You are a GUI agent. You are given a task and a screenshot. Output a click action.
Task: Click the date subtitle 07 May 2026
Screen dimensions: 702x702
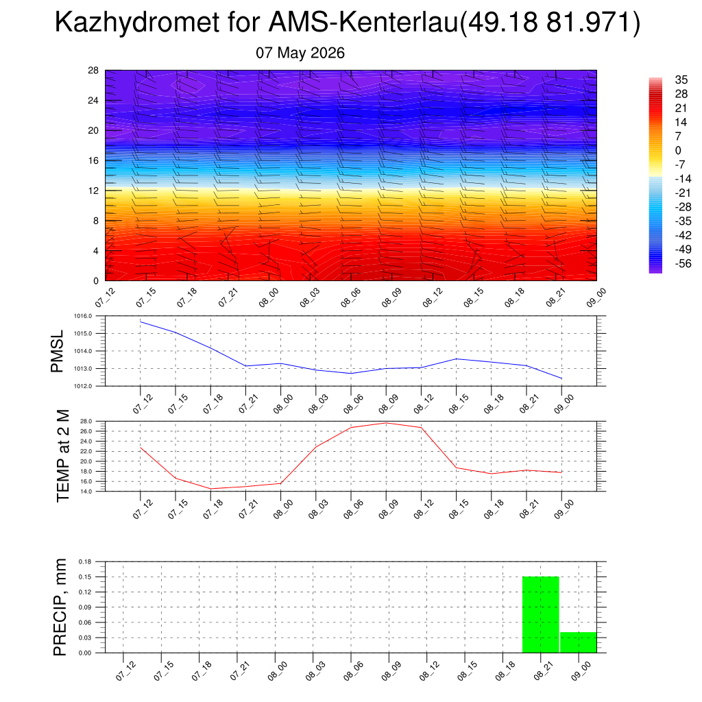[300, 53]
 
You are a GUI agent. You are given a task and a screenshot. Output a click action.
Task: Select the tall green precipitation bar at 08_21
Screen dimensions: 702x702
[541, 615]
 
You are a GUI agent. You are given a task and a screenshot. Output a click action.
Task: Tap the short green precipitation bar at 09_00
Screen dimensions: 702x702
[579, 642]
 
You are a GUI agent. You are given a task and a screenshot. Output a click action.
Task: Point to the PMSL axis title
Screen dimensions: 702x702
[57, 352]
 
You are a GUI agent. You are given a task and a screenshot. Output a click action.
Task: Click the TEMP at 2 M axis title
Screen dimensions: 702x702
[63, 456]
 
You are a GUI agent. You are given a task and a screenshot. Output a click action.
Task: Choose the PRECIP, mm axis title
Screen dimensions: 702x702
[60, 607]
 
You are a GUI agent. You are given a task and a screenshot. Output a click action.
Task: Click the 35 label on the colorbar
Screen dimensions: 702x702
[681, 80]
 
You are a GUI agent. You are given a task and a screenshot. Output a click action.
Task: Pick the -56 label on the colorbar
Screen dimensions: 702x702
[683, 263]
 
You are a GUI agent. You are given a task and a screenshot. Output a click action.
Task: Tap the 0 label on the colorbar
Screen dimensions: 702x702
[678, 150]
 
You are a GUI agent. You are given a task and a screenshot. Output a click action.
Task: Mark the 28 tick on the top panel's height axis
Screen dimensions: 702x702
[93, 71]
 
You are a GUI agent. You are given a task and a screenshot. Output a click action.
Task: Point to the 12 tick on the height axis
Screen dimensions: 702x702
[93, 191]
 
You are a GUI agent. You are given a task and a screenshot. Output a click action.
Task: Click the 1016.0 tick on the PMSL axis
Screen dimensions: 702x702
[83, 316]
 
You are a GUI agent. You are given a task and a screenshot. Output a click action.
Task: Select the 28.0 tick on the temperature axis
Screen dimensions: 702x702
[86, 422]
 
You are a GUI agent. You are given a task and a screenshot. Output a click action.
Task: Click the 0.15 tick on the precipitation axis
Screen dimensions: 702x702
[84, 577]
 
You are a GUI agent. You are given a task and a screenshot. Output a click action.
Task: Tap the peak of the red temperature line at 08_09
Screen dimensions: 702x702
[386, 423]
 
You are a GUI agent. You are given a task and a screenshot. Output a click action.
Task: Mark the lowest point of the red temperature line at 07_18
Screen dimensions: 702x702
[210, 489]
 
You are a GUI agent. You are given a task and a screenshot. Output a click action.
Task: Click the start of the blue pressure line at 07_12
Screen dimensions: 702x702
[141, 322]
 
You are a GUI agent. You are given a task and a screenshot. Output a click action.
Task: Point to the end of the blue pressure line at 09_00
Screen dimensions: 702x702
[562, 378]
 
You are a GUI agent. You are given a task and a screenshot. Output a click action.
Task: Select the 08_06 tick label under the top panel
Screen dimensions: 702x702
[350, 298]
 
